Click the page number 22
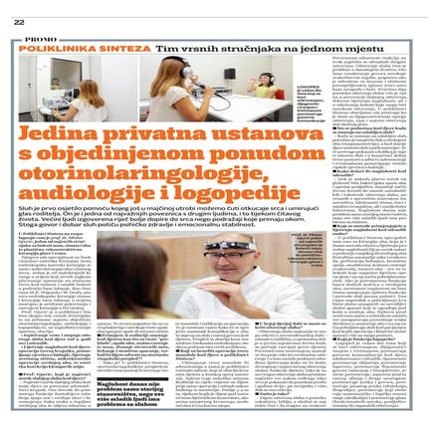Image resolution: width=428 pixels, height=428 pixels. [20, 21]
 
